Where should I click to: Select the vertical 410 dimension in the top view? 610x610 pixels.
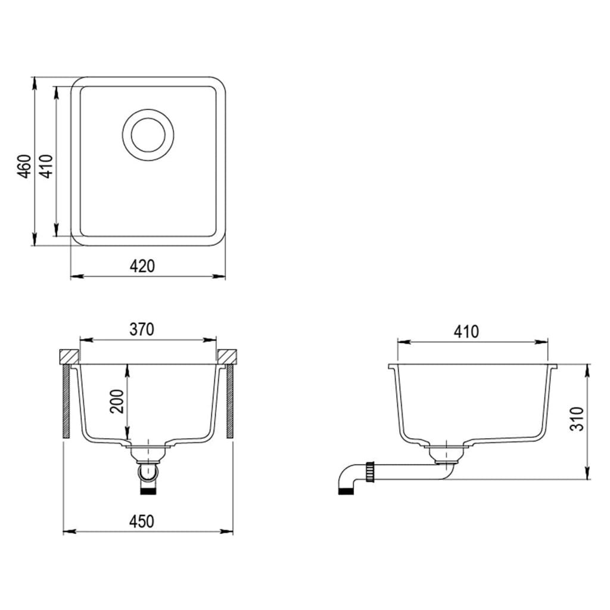pos(46,166)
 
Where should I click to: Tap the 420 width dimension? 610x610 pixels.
pos(142,266)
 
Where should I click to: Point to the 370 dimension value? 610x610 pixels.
pos(142,329)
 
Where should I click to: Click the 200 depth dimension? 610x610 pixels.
pos(116,402)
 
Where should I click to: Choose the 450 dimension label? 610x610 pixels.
pos(142,521)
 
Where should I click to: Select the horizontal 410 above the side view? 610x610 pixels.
pos(466,331)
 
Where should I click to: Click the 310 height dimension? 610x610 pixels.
pos(577,420)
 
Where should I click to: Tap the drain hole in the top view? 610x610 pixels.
pos(148,134)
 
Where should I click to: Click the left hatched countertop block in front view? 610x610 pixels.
pos(69,356)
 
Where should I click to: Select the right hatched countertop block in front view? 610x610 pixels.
pos(228,356)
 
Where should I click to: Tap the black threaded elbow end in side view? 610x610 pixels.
pos(346,491)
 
